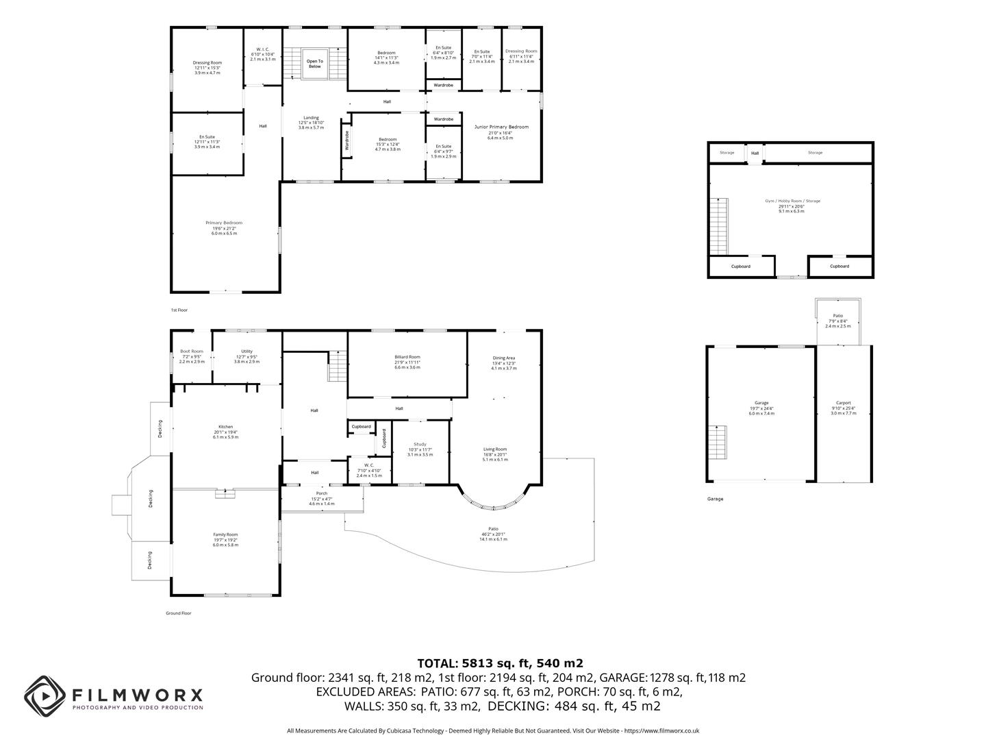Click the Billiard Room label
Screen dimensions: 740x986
[x=407, y=357]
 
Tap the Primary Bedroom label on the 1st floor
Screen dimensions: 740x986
[x=224, y=223]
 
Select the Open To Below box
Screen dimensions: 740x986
[x=314, y=64]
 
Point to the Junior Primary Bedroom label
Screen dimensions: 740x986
[x=501, y=127]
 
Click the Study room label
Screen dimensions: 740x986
[x=420, y=444]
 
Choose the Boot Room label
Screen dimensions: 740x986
[x=192, y=351]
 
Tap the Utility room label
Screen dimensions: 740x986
[x=246, y=351]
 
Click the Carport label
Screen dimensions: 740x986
[x=843, y=403]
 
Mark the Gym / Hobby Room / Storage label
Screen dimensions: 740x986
[x=792, y=201]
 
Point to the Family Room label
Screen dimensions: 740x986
[x=225, y=534]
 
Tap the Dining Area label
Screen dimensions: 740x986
[x=503, y=358]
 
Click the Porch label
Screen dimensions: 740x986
[x=321, y=493]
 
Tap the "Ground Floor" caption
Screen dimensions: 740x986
[x=179, y=613]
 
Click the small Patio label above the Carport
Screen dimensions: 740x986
[x=837, y=316]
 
